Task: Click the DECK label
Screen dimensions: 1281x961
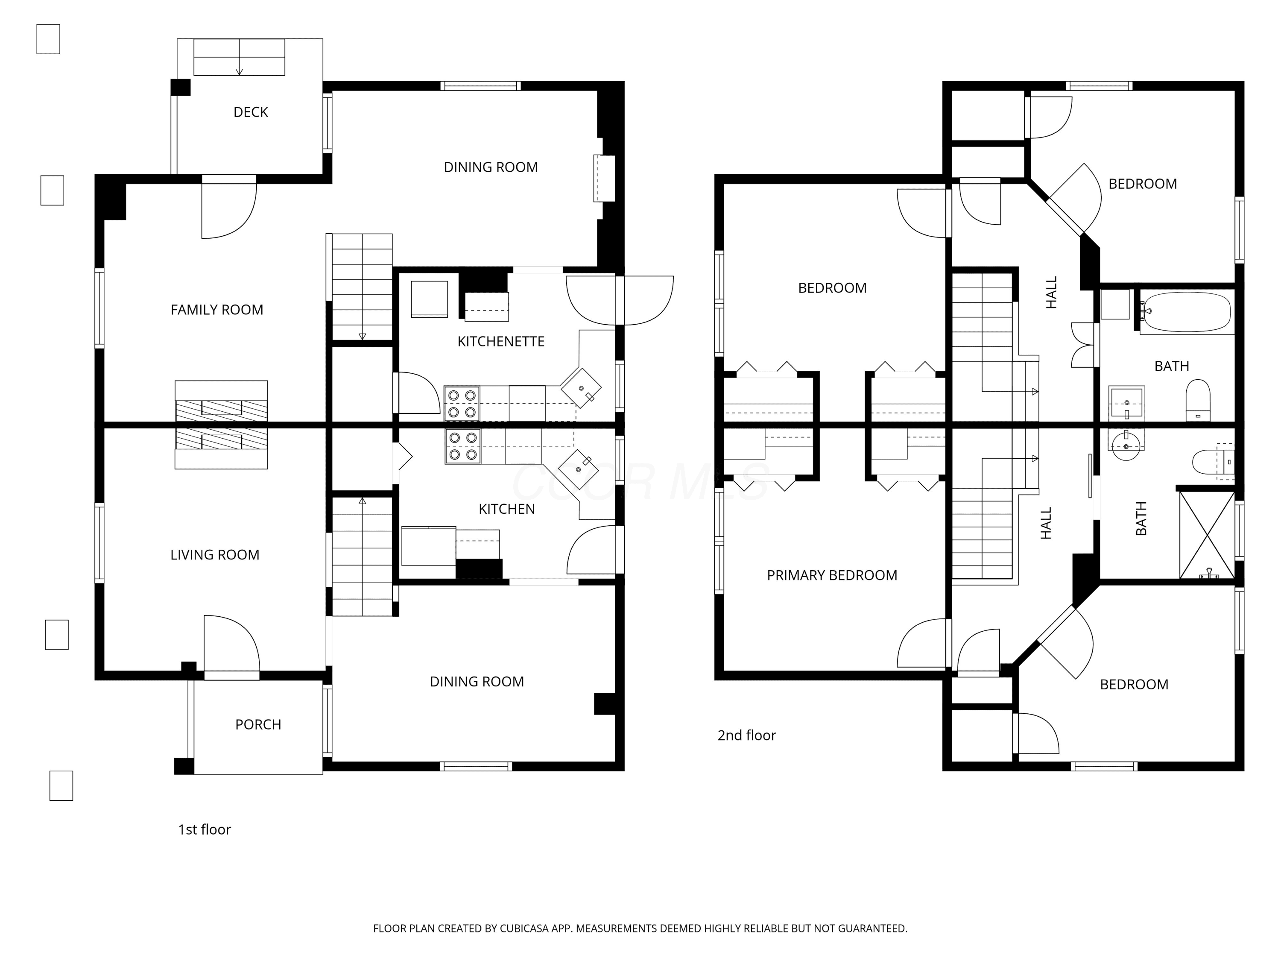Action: [x=251, y=112]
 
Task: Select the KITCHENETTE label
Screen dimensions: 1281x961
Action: [x=501, y=342]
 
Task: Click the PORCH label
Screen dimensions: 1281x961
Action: [x=258, y=725]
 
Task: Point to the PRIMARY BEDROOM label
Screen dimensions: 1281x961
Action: [x=832, y=575]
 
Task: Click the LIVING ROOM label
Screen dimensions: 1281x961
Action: [x=215, y=555]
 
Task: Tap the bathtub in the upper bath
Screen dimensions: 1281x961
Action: [x=1187, y=312]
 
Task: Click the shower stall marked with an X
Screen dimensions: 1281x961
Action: [x=1207, y=534]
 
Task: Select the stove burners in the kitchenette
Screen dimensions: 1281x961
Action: [x=462, y=404]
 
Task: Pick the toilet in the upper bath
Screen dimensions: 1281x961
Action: [x=1198, y=400]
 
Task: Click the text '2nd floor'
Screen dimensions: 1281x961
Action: [x=746, y=735]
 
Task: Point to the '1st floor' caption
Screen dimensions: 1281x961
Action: [x=205, y=829]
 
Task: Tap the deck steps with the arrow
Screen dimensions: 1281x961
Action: [x=239, y=57]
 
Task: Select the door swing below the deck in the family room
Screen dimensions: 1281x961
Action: [x=229, y=208]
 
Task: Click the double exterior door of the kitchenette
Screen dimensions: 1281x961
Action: [x=620, y=300]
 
